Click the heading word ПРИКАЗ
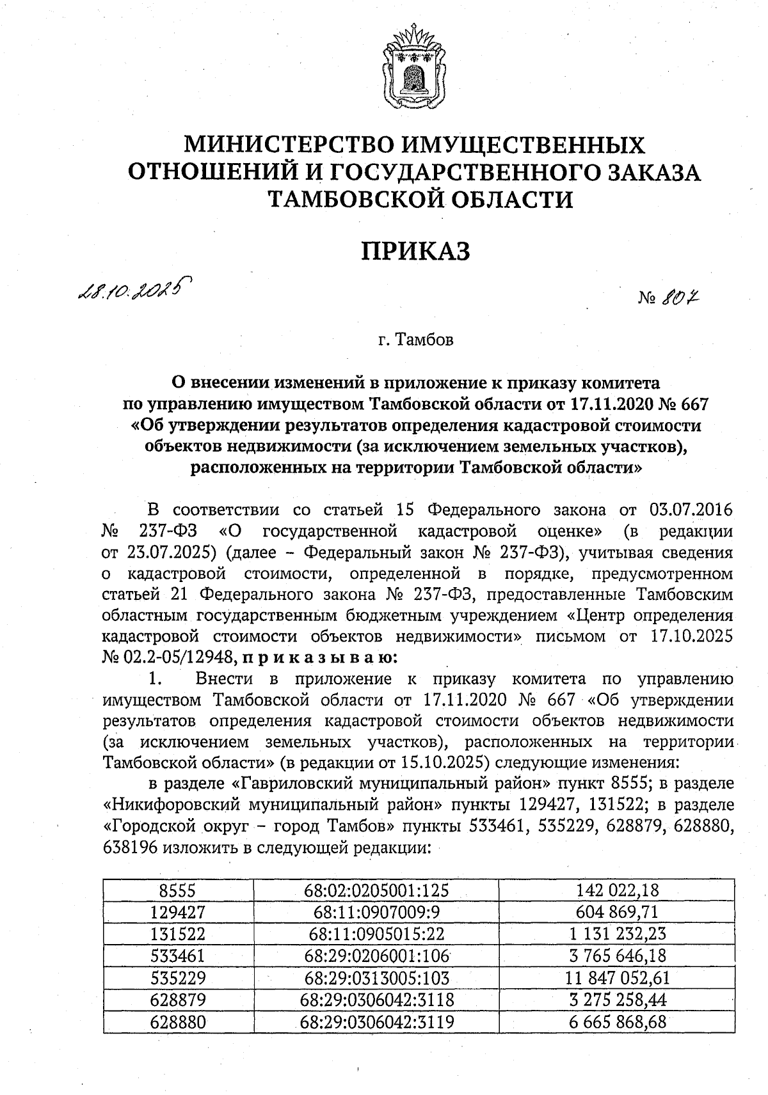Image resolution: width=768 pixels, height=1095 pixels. click(x=415, y=251)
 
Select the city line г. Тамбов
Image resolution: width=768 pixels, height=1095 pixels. click(x=415, y=340)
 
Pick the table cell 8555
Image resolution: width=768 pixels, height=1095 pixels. click(x=178, y=890)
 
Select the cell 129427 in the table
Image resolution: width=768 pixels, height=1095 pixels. click(x=178, y=911)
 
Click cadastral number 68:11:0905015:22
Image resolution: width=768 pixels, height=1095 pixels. click(x=376, y=933)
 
